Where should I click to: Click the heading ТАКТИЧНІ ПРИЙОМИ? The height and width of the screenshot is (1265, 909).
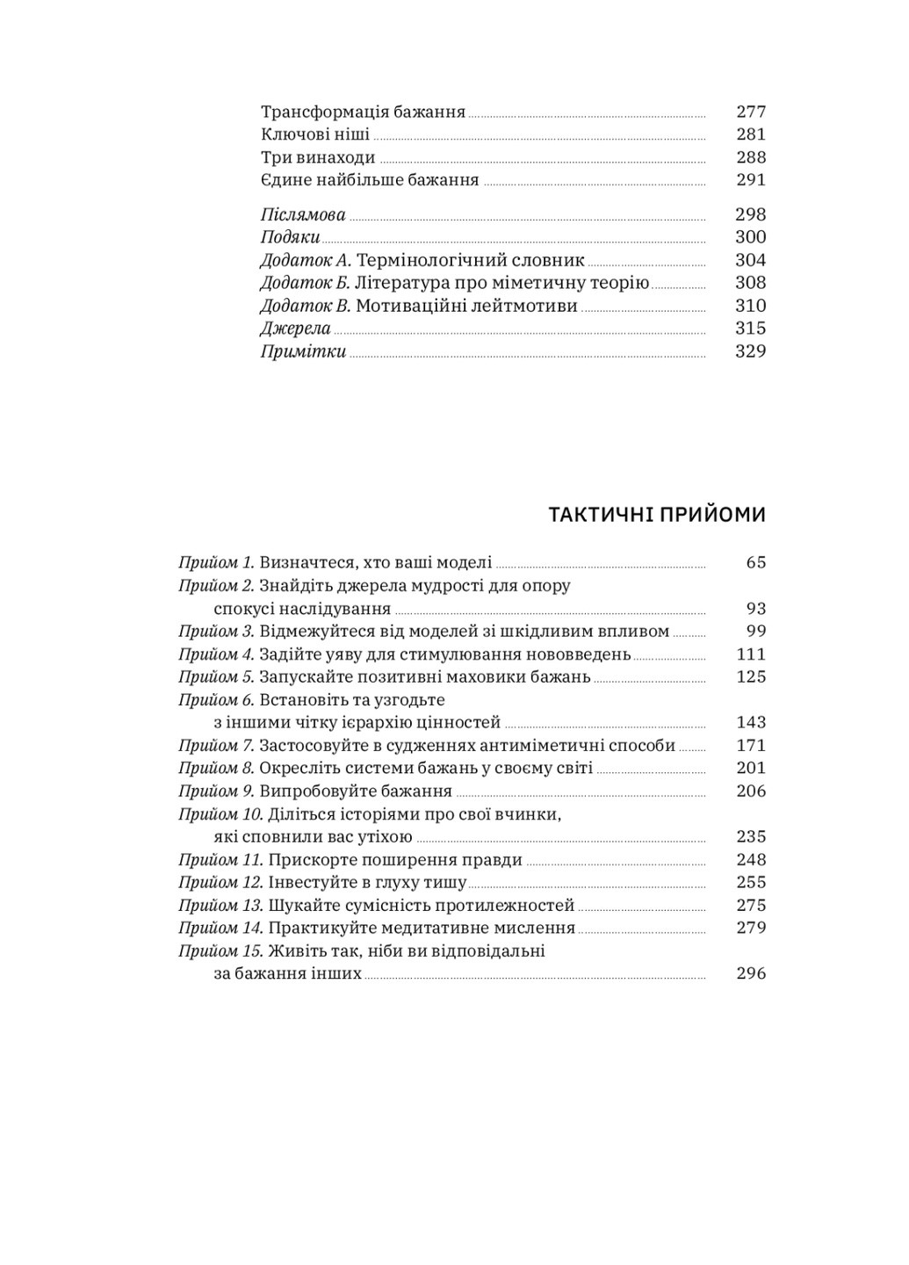657,515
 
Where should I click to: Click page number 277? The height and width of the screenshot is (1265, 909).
751,112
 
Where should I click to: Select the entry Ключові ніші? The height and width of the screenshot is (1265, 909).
315,134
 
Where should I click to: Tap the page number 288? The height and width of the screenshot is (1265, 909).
751,157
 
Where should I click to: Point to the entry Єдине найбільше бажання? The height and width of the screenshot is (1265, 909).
370,180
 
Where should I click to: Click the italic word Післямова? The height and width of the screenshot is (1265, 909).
303,215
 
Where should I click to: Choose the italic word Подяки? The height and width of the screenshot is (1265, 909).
290,237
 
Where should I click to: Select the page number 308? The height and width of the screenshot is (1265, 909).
751,283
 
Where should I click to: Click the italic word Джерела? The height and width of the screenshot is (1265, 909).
296,329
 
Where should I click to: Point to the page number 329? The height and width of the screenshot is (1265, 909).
751,351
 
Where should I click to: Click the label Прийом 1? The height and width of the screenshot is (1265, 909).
216,562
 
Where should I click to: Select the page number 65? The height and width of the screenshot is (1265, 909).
756,562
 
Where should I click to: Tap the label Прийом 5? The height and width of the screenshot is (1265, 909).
216,676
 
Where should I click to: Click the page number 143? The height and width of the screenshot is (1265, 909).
751,722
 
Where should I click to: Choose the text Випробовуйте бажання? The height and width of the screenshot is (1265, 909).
343,791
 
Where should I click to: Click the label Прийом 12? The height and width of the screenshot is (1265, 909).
220,882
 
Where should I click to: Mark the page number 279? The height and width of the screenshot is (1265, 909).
751,928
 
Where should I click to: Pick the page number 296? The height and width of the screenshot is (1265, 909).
751,973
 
